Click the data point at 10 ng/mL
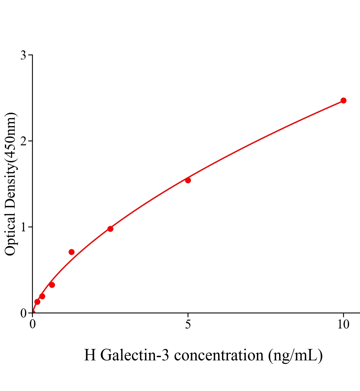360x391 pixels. point(343,100)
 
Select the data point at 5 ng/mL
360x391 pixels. point(188,180)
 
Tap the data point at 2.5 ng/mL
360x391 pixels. point(110,229)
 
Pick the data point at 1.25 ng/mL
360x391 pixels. point(71,252)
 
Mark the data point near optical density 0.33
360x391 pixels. point(52,285)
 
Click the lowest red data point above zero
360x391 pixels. point(37,302)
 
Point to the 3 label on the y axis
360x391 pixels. point(23,55)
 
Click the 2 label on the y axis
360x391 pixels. point(23,141)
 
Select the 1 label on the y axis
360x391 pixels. point(23,227)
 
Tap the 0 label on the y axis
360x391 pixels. point(23,313)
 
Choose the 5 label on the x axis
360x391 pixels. point(188,325)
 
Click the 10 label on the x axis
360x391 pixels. point(343,325)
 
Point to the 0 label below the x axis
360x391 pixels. point(33,325)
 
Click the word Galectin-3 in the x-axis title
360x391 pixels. point(135,355)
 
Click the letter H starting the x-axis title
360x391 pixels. point(90,355)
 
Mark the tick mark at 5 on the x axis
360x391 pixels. point(188,315)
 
